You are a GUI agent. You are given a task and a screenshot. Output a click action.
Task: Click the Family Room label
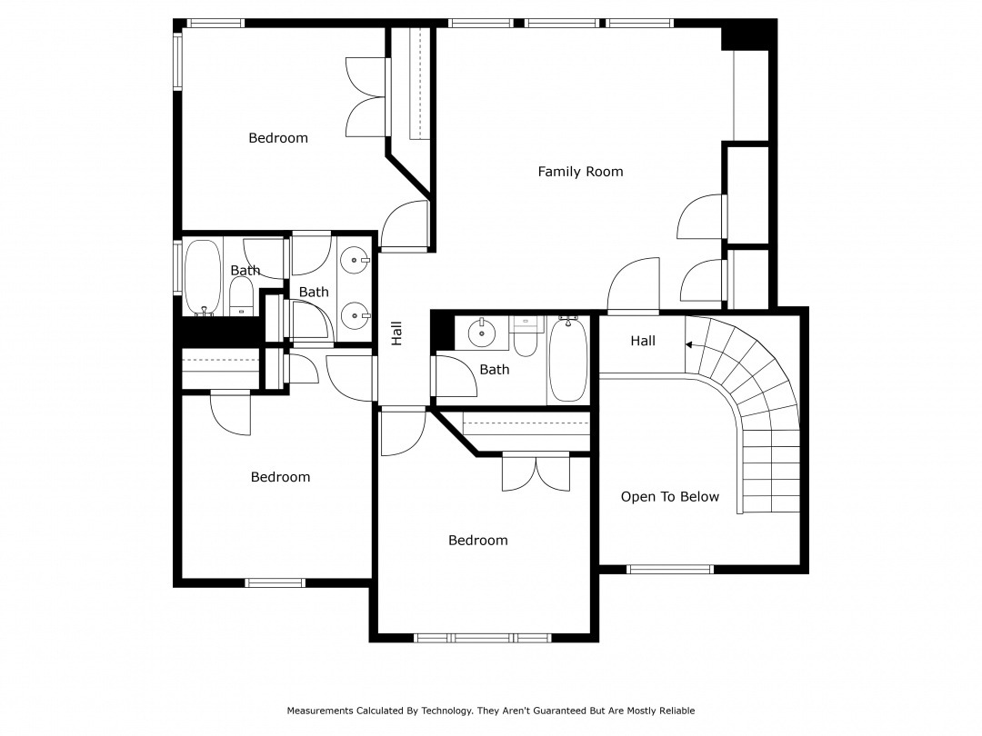pos(580,172)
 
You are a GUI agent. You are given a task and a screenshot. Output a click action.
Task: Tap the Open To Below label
pos(669,497)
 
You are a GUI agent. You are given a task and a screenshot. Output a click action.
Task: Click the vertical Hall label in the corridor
pos(396,333)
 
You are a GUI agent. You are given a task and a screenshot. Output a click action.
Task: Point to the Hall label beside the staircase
pos(643,341)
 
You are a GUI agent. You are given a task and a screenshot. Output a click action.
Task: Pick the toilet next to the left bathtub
pos(241,296)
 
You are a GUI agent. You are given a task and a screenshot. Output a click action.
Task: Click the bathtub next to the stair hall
pos(568,359)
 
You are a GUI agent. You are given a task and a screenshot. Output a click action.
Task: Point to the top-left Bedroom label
pos(278,138)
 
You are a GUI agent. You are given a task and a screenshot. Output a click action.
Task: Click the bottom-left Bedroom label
pos(280,477)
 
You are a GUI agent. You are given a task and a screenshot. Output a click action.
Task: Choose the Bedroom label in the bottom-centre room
pos(477,541)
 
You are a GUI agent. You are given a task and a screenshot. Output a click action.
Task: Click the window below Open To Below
pos(670,570)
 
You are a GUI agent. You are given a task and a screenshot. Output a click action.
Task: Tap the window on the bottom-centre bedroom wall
pos(484,638)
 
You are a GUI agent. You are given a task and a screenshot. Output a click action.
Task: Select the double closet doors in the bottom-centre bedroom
pos(536,472)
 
